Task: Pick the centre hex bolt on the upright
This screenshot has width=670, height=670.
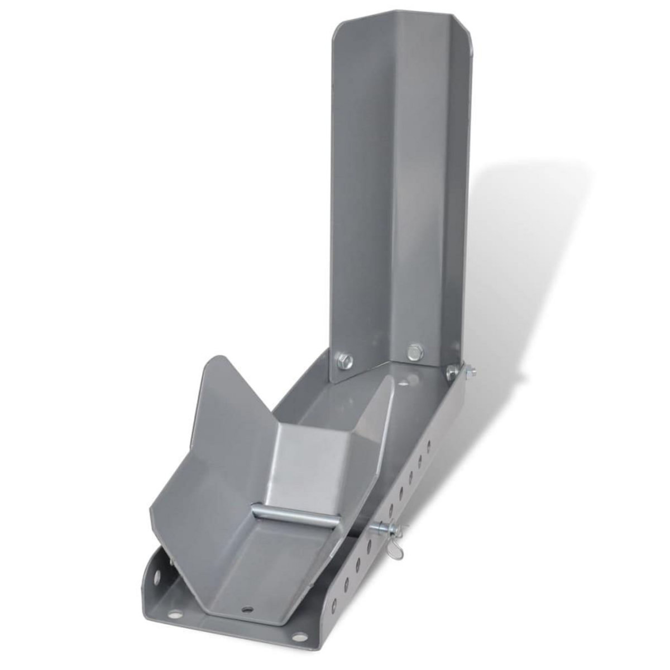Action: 413,351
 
